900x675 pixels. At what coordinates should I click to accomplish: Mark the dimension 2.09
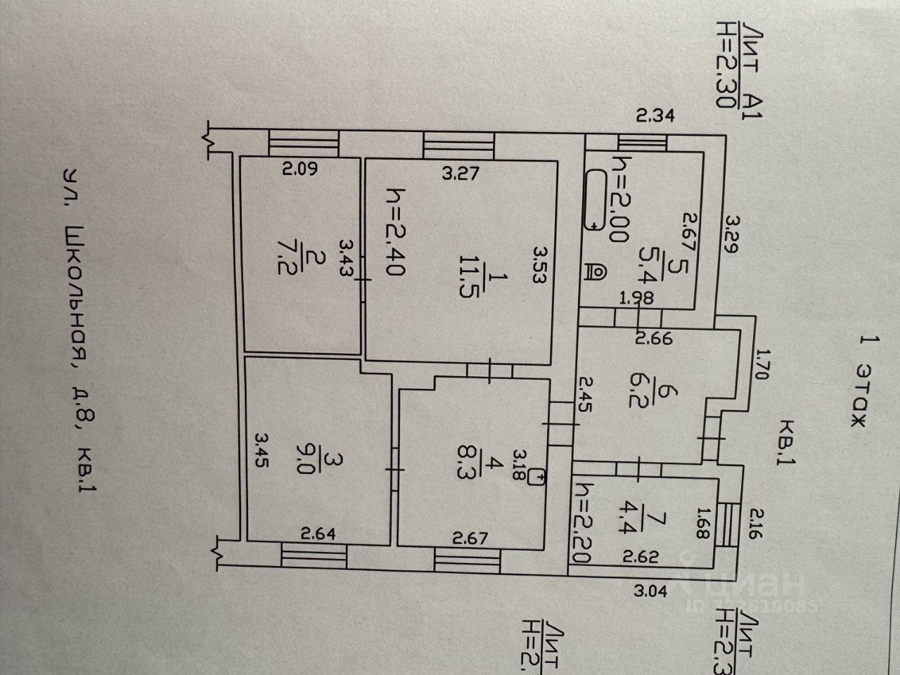pos(300,169)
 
